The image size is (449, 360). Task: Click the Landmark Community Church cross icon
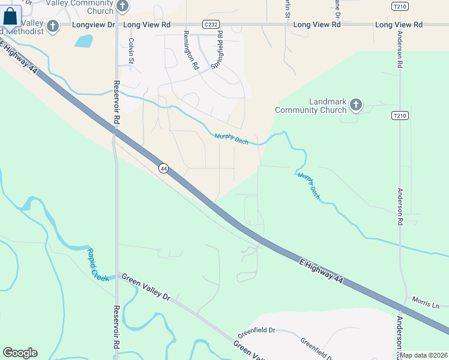(x=356, y=106)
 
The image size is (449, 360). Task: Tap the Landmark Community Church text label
(x=311, y=106)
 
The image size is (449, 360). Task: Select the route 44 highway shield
(x=163, y=169)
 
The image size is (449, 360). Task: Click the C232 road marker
(x=211, y=25)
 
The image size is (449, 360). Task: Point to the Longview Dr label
(x=93, y=25)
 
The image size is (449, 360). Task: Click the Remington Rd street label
(x=191, y=52)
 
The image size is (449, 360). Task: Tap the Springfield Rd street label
(x=220, y=52)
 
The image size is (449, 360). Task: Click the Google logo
(x=20, y=353)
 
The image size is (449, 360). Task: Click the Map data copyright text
(x=424, y=355)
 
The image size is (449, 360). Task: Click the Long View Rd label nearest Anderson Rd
(x=399, y=25)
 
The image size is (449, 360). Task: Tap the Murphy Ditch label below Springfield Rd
(x=231, y=139)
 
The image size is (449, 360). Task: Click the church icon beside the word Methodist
(x=53, y=26)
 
